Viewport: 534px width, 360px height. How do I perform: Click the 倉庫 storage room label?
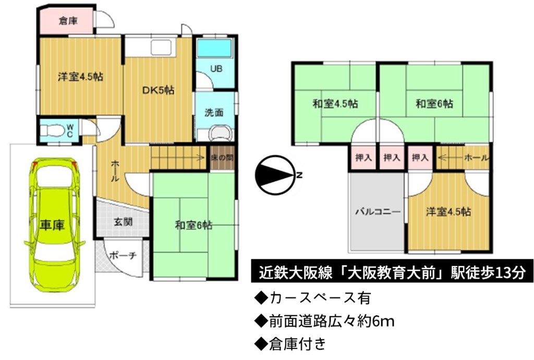point(68,21)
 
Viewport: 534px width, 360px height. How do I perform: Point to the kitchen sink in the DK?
point(161,47)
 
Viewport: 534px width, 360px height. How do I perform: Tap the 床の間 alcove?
point(222,158)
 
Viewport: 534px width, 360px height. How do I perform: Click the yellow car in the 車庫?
point(54,225)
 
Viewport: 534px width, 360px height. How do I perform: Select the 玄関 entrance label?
point(123,222)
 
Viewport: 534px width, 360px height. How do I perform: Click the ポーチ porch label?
point(123,255)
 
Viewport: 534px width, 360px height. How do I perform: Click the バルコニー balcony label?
point(378,211)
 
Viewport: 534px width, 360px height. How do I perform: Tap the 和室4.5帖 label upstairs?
point(335,103)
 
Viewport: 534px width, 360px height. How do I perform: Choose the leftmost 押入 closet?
point(363,158)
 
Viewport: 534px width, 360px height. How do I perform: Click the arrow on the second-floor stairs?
point(450,158)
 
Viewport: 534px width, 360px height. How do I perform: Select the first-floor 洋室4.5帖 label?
point(80,77)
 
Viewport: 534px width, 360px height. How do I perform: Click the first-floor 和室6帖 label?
point(194,225)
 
